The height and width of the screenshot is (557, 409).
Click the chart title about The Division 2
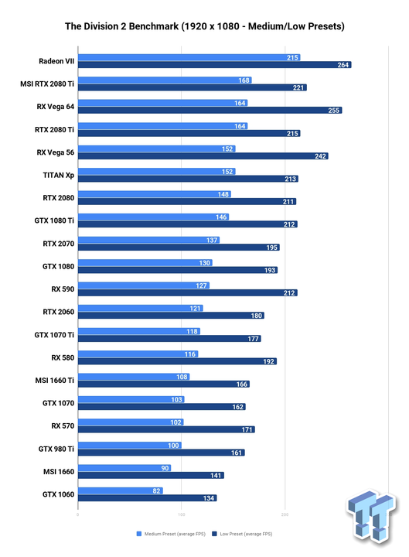coord(204,26)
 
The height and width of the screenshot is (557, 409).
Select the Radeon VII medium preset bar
coord(189,57)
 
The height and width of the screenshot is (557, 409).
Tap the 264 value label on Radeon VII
coord(343,65)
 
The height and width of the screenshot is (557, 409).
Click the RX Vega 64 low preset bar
coord(210,111)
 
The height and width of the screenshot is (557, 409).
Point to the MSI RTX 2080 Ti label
coord(47,84)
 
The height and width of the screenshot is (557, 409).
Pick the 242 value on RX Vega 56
coord(320,156)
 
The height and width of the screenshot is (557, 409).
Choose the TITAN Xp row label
coord(59,176)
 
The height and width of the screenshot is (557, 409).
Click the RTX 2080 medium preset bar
coord(155,194)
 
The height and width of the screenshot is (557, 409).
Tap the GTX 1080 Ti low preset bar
coord(188,224)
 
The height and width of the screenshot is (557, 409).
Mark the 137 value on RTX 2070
coord(212,240)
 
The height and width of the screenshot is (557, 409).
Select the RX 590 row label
coord(63,289)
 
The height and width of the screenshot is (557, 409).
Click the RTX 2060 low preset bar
coord(171,316)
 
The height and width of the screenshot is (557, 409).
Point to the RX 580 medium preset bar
coord(138,354)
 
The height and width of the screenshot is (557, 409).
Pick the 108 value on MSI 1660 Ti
coord(182,377)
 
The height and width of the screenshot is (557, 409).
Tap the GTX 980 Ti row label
coord(56,449)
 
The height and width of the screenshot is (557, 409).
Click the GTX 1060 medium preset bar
coord(121,491)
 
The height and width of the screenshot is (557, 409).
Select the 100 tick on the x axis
coord(181,514)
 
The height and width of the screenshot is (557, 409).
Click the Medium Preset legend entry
coord(171,534)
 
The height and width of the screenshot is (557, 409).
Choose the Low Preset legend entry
coord(242,534)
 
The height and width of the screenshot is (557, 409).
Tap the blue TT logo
coord(372,517)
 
